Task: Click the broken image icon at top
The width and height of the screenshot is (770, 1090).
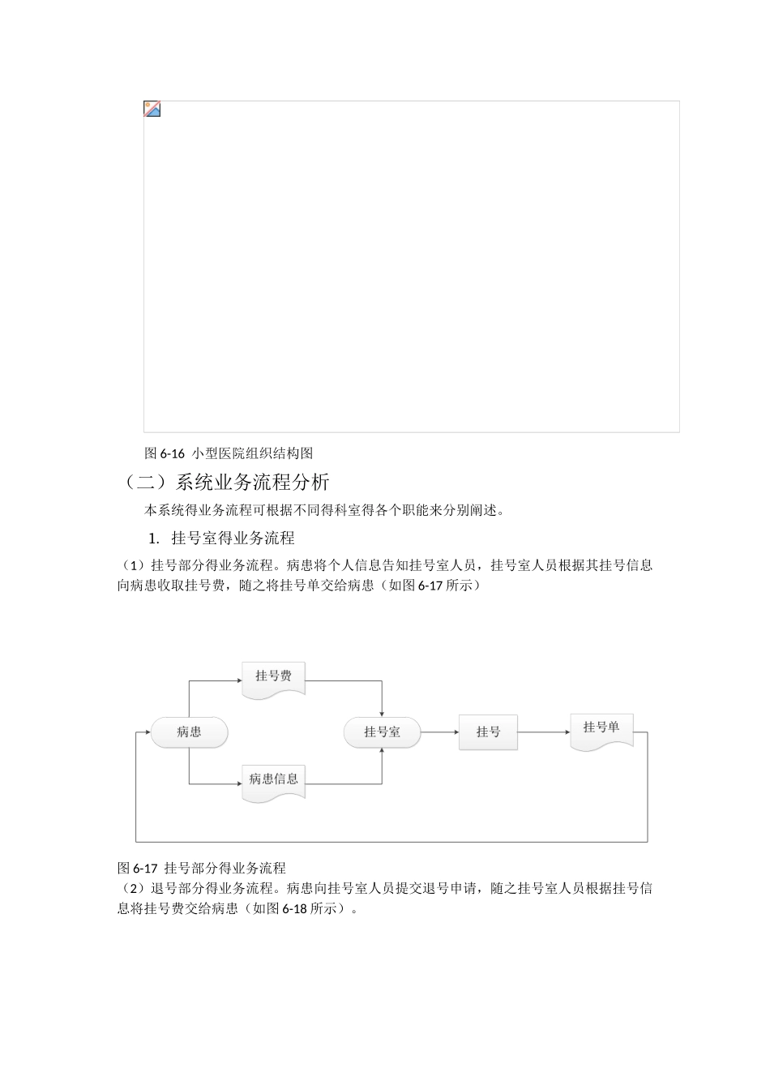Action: coord(152,109)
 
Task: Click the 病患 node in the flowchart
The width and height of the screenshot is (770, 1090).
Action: coord(189,732)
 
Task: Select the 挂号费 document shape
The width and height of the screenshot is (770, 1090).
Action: coord(273,676)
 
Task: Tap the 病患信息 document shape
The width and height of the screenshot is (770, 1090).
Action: coord(273,780)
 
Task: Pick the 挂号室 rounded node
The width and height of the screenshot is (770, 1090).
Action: coord(382,732)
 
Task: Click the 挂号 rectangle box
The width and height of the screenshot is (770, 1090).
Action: coord(488,732)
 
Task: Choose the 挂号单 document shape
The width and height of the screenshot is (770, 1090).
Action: coord(601,729)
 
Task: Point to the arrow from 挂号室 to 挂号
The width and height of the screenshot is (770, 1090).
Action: coord(439,732)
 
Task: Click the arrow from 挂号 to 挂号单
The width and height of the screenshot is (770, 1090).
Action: coord(543,732)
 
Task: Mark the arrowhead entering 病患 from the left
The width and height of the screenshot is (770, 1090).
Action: coord(148,732)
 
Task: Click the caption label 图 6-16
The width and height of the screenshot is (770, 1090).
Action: coord(165,453)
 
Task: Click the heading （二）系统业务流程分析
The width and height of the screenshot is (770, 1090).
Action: coord(225,483)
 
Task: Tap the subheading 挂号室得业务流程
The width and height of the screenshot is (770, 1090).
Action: coord(233,538)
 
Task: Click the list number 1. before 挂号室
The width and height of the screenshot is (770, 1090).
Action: coord(154,539)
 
